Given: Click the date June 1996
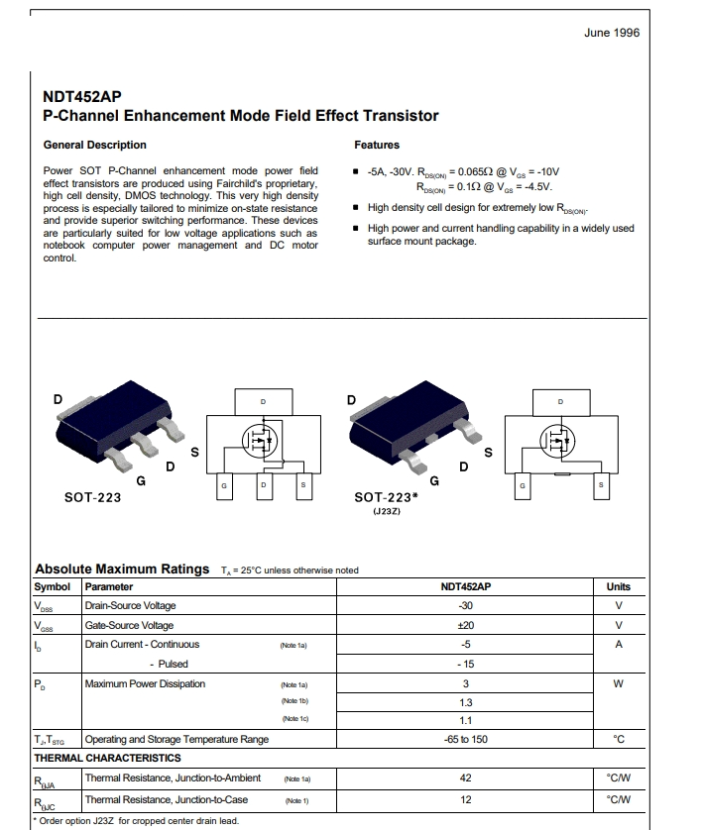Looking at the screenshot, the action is pyautogui.click(x=612, y=33).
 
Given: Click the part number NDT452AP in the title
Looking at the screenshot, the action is pyautogui.click(x=82, y=97).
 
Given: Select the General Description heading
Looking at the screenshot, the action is pyautogui.click(x=95, y=145).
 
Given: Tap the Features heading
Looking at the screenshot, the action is pyautogui.click(x=377, y=145).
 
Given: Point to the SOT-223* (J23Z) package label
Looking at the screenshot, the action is pyautogui.click(x=386, y=503).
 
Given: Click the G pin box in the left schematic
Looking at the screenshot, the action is pyautogui.click(x=224, y=486).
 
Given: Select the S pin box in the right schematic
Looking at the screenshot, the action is pyautogui.click(x=601, y=486).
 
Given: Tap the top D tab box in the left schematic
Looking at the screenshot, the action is pyautogui.click(x=264, y=402).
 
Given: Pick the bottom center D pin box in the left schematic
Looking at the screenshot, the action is pyautogui.click(x=264, y=486).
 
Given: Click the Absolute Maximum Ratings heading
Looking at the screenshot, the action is pyautogui.click(x=122, y=570).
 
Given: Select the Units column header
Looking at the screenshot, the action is pyautogui.click(x=619, y=587).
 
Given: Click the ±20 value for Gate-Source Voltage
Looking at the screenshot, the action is pyautogui.click(x=466, y=625).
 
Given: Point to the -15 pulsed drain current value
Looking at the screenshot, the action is pyautogui.click(x=466, y=665).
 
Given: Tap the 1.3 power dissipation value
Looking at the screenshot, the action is pyautogui.click(x=466, y=703).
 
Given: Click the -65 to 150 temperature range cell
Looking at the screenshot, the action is pyautogui.click(x=466, y=740).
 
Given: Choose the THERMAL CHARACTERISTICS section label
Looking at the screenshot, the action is pyautogui.click(x=107, y=759).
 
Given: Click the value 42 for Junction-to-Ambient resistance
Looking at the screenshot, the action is pyautogui.click(x=466, y=778).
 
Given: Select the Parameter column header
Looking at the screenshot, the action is pyautogui.click(x=109, y=587).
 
